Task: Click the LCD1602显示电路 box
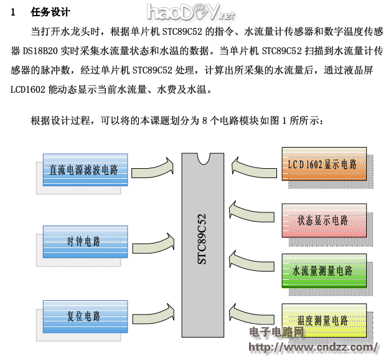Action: tap(322, 164)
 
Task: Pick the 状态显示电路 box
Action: tap(322, 220)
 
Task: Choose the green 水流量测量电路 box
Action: tap(322, 271)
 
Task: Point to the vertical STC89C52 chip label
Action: tap(202, 239)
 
